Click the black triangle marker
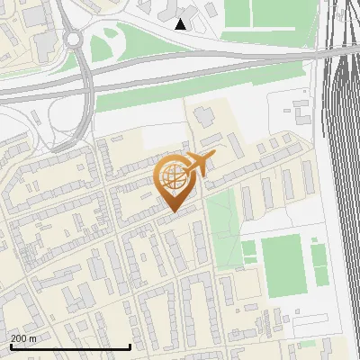point(181,24)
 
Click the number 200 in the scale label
point(20,338)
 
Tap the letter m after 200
point(33,338)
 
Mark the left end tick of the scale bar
point(11,346)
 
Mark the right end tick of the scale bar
point(130,346)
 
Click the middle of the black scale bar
point(70,347)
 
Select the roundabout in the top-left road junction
point(71,40)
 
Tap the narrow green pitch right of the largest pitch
point(319,265)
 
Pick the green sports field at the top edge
point(270,13)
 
